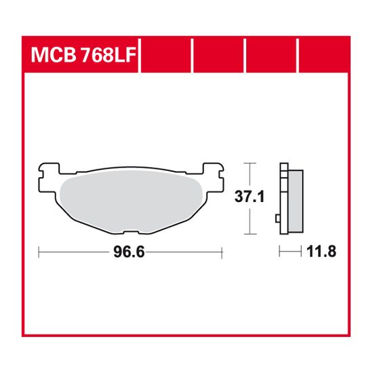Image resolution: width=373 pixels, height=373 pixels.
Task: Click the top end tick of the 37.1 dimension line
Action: click(251, 163)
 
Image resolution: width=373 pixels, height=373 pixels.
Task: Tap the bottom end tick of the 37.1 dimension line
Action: click(251, 233)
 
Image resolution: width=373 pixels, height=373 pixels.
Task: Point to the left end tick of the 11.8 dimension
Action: click(280, 252)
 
